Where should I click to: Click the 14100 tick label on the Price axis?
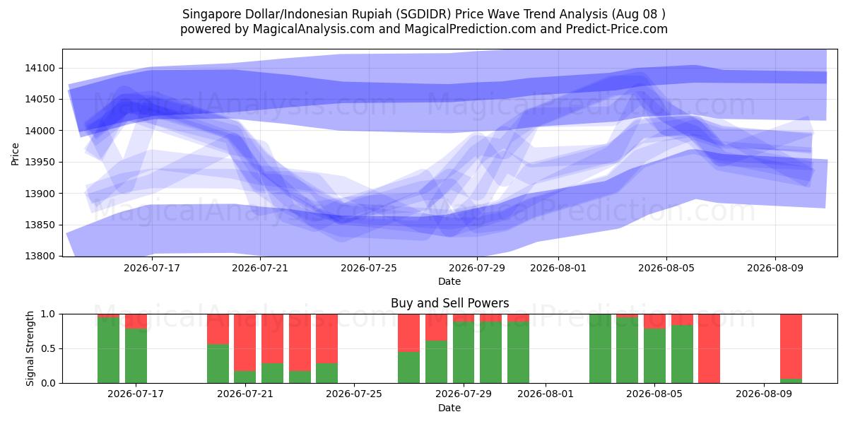coord(40,68)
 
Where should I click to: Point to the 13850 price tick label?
coord(40,225)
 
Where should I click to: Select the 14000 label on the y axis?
coord(40,131)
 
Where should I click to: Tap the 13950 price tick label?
coord(40,162)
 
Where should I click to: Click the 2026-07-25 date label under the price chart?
coord(369,268)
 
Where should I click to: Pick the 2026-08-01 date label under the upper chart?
coord(558,268)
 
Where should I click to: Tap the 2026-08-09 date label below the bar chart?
coord(764,394)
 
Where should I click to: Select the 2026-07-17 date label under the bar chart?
coord(136,394)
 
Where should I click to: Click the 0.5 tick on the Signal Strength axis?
coord(48,348)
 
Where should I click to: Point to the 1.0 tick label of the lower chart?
coord(48,314)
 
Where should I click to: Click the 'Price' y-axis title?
coord(15,154)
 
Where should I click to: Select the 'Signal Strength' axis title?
coord(30,348)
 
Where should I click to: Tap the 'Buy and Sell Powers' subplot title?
coord(449,303)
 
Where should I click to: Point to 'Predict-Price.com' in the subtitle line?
coord(617,29)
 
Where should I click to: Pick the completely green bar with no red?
coord(601,348)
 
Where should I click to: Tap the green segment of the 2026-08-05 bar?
coord(655,356)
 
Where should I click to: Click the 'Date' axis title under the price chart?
coord(449,281)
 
